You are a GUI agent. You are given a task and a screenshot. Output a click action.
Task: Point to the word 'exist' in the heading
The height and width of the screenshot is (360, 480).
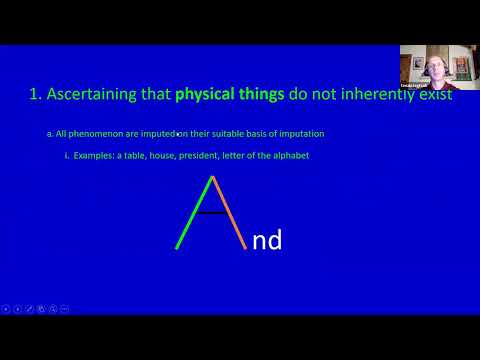click(x=430, y=96)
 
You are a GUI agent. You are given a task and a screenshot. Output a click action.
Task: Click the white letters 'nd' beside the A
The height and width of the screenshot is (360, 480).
click(x=267, y=239)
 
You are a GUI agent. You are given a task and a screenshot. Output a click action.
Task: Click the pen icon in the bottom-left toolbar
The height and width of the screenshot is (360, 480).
click(x=30, y=309)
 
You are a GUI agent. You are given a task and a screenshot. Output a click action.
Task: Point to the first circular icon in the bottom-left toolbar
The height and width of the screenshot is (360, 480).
click(x=6, y=309)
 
